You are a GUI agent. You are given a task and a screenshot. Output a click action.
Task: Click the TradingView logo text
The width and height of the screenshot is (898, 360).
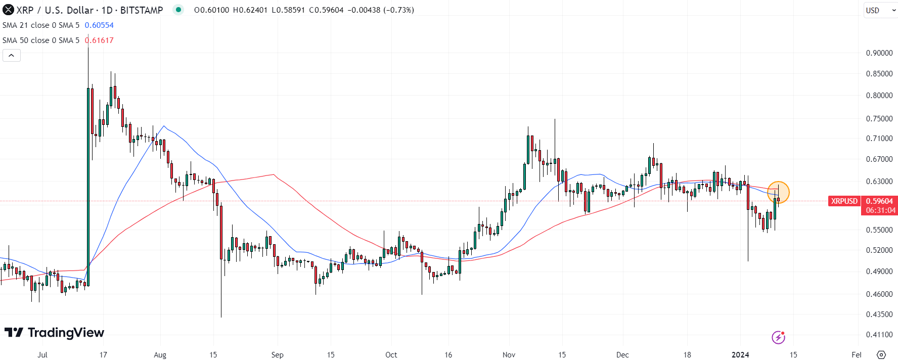66,333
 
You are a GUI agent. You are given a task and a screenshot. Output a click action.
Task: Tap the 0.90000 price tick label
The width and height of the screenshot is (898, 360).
879,53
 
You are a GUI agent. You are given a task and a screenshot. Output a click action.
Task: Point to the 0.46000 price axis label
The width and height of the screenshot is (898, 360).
879,294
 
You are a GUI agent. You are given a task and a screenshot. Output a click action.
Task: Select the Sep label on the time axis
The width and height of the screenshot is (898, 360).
277,355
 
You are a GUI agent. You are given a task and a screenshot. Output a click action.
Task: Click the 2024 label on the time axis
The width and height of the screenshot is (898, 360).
740,355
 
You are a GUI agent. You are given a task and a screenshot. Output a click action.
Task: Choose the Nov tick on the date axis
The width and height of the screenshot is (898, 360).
509,355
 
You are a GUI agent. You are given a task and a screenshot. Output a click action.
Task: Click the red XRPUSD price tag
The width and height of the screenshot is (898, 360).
844,201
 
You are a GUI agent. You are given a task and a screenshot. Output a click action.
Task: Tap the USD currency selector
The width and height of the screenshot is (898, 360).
879,10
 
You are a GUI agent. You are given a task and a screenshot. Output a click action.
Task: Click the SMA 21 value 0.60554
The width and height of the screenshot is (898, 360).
99,25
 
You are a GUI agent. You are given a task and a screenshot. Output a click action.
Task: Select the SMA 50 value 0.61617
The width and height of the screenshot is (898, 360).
99,40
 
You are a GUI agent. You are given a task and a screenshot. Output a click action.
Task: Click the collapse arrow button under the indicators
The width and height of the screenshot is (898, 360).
11,55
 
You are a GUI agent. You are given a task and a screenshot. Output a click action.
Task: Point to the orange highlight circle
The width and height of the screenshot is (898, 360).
778,192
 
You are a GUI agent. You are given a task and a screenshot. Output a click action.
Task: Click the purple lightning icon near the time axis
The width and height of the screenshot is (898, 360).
778,337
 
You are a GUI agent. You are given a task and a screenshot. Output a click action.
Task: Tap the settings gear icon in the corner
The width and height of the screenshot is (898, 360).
881,355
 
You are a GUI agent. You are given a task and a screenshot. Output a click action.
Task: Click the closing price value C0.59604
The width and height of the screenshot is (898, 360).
326,10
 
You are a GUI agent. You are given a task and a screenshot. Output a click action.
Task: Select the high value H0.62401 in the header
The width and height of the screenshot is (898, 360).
250,10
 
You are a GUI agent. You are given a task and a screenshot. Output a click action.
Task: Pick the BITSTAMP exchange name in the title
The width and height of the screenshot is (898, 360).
142,10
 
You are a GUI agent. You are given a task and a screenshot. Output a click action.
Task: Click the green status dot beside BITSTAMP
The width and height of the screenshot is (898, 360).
178,10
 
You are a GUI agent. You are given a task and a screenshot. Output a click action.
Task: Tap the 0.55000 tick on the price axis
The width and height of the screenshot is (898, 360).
879,230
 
